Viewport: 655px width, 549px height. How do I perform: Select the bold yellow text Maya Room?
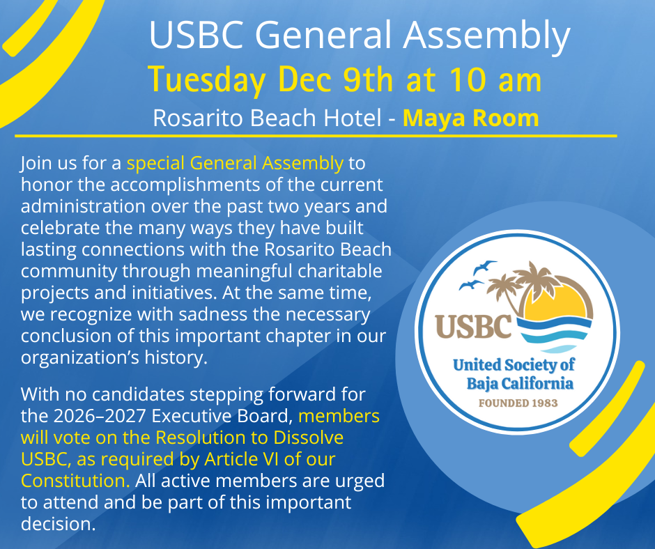(x=470, y=118)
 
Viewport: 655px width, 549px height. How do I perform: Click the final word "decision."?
(x=58, y=524)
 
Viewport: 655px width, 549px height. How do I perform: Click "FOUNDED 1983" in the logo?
(x=517, y=403)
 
